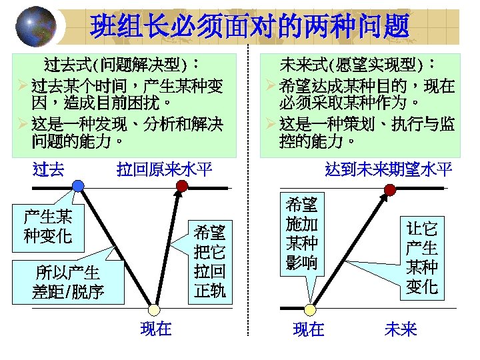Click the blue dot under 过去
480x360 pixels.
tap(78, 186)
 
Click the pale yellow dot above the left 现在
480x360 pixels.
tap(154, 310)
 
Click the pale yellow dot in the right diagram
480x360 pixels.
tap(309, 310)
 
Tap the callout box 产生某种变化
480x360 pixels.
tap(48, 225)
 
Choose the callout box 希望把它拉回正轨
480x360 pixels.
tap(210, 261)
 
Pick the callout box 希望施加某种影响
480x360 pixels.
tap(302, 233)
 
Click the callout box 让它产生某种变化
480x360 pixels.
tap(422, 257)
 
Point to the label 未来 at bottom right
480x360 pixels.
tap(400, 329)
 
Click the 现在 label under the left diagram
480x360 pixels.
tap(156, 329)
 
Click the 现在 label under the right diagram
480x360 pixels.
tap(309, 329)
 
